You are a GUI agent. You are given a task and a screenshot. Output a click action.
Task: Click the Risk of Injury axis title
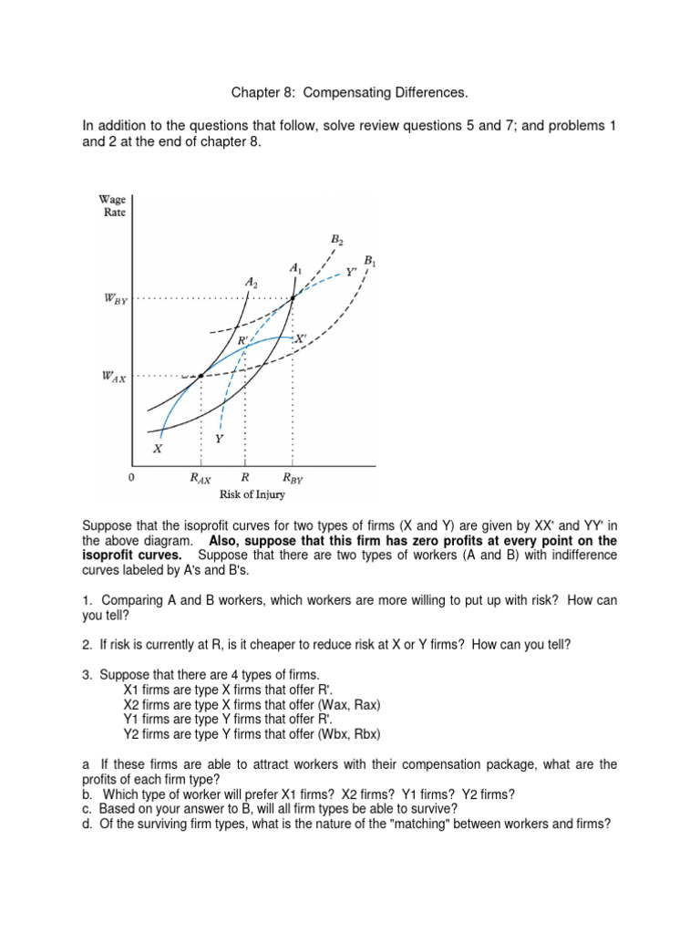pos(252,494)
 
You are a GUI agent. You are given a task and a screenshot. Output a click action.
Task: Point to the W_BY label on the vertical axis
pos(115,299)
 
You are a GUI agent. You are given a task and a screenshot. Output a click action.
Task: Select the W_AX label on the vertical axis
pos(115,377)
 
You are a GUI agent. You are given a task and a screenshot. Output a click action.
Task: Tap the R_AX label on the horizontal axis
pos(201,477)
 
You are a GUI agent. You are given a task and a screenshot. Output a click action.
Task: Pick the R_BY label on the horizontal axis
pos(293,477)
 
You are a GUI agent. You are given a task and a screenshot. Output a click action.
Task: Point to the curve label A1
pos(295,267)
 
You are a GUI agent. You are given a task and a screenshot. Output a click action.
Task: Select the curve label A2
pos(252,283)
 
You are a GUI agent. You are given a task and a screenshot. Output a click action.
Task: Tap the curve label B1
pos(369,261)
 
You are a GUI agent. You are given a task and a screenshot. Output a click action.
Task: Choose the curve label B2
pos(336,240)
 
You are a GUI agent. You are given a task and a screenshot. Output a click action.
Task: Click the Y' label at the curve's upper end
pos(352,272)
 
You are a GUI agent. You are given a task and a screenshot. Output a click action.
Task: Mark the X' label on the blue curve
pos(298,337)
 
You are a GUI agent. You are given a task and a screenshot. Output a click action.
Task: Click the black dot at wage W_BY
pos(293,298)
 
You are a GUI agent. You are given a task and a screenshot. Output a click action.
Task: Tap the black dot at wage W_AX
pos(201,376)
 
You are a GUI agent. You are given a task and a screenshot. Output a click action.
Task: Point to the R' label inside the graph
pos(243,340)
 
